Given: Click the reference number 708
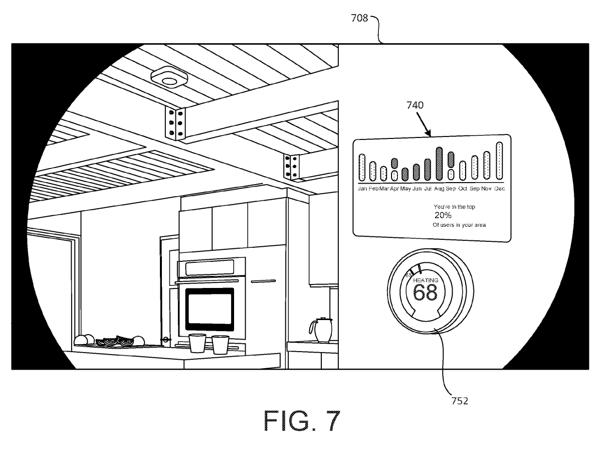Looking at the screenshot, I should click(358, 19).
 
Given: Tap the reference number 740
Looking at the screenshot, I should click(415, 105).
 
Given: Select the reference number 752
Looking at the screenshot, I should click(459, 400).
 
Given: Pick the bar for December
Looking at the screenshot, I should click(499, 161).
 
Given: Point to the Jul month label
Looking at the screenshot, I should click(428, 189).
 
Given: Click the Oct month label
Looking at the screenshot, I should click(462, 189).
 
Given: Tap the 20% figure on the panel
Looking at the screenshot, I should click(443, 215).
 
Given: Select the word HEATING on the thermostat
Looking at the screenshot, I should click(426, 280).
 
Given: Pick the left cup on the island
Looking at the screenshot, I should click(197, 344).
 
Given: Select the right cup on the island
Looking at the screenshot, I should click(220, 345).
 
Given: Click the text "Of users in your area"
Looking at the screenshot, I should click(459, 225).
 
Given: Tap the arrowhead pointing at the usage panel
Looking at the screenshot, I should click(430, 134).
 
